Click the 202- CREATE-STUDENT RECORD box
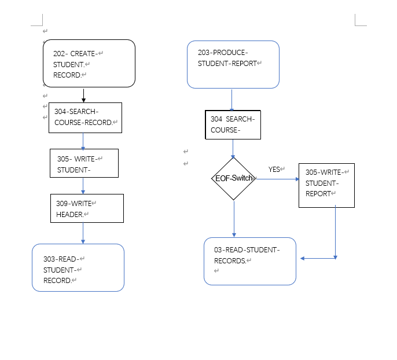(89, 63)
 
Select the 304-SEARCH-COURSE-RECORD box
(85, 117)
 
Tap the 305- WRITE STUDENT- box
(84, 163)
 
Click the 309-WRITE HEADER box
(87, 208)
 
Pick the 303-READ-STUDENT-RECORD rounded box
(78, 267)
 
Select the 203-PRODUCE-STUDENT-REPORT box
(233, 64)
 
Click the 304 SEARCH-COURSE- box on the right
(233, 124)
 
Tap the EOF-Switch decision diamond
(234, 179)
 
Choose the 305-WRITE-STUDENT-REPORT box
(326, 185)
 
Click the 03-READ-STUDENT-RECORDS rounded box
(250, 261)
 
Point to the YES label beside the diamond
(274, 170)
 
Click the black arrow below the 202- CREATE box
(83, 95)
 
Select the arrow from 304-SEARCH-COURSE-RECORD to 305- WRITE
(83, 141)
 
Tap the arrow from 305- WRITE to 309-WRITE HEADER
(83, 186)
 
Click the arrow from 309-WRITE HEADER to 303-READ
(83, 233)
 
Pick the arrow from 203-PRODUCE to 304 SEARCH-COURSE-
(232, 100)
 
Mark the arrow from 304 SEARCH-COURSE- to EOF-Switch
(233, 149)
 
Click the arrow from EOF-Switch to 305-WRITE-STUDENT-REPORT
(277, 179)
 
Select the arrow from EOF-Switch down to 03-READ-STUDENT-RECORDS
(234, 219)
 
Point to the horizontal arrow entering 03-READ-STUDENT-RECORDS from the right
(317, 258)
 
